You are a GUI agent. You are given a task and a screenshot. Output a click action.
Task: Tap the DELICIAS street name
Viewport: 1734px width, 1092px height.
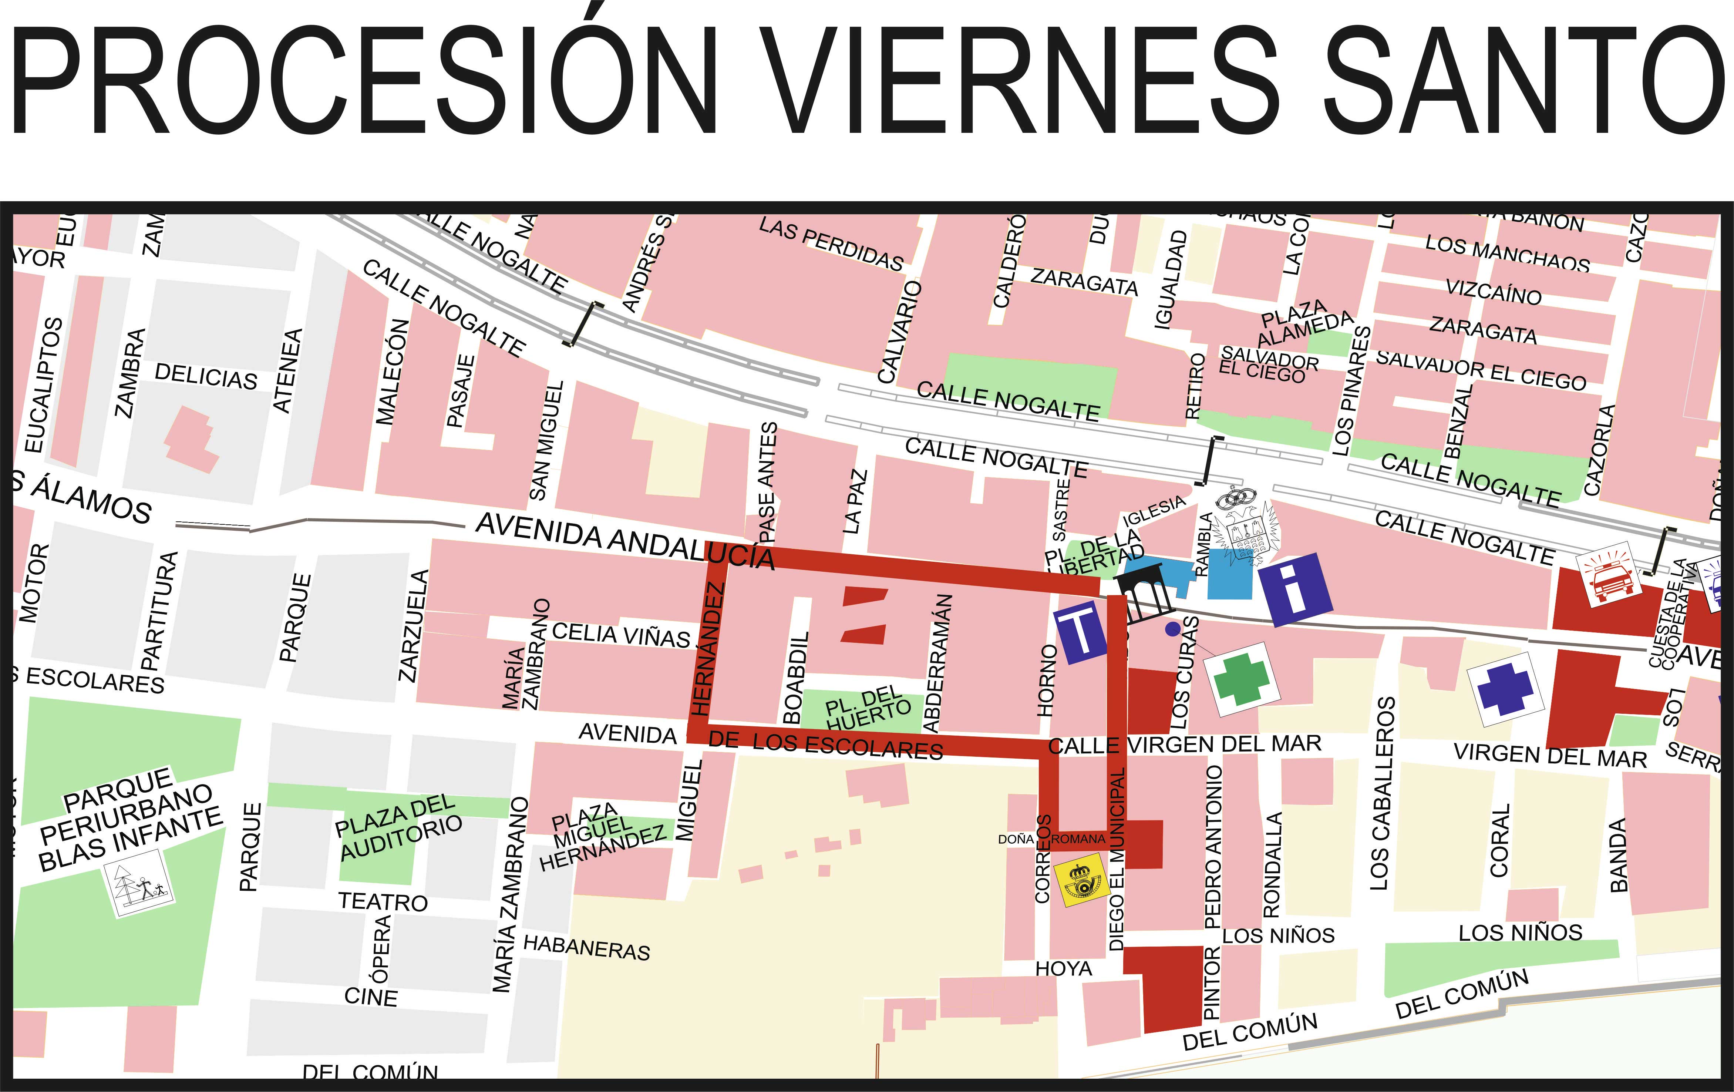point(206,376)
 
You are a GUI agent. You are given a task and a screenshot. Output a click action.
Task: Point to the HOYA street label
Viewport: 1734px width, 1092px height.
point(1064,969)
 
